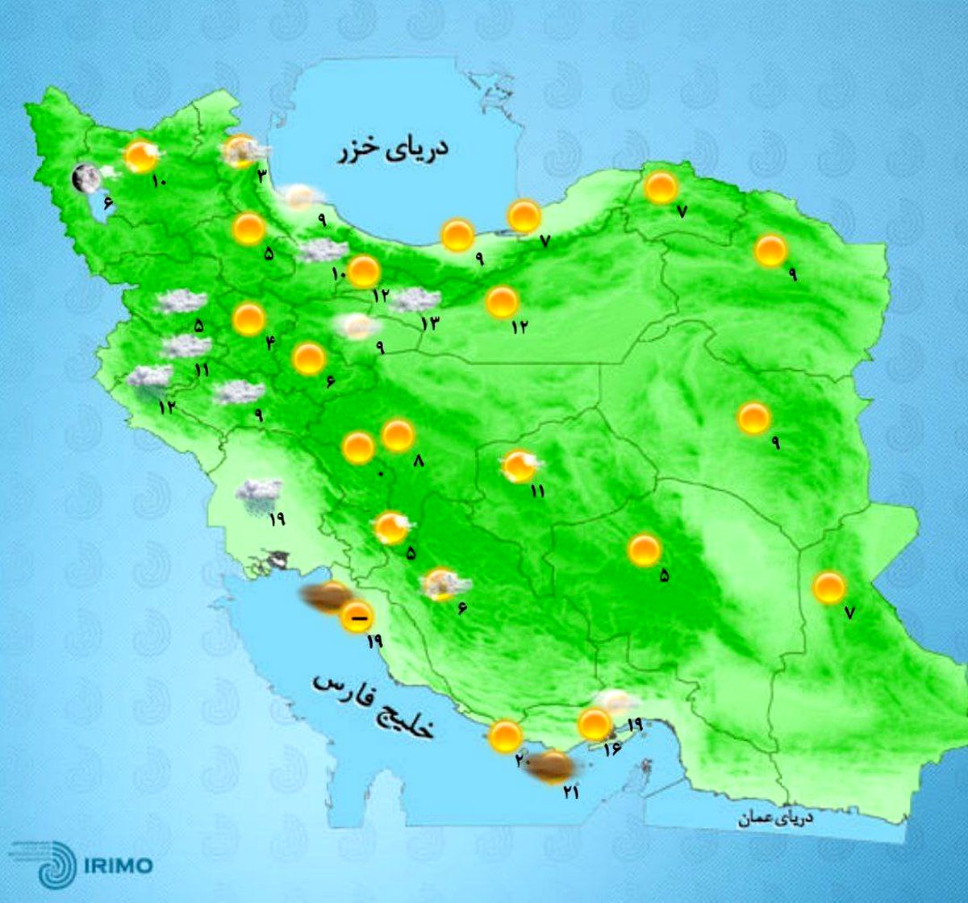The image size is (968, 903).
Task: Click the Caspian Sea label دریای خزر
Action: [x=392, y=151]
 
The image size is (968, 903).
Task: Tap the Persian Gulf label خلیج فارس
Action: [x=373, y=706]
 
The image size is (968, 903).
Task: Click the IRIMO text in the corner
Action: [x=118, y=865]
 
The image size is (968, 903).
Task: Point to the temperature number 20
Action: [x=520, y=759]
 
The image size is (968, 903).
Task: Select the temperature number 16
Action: [x=610, y=749]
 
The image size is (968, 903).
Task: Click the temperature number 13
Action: [x=428, y=322]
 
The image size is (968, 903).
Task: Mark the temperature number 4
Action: [x=270, y=343]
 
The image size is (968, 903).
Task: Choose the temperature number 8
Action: [x=417, y=461]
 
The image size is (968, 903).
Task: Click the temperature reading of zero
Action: [x=381, y=473]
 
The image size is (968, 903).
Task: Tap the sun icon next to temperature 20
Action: [x=506, y=735]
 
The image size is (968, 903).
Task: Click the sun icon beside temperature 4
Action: [x=248, y=319]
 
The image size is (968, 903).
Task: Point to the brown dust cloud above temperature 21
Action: [x=549, y=765]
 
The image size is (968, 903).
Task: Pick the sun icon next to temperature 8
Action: [x=397, y=435]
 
